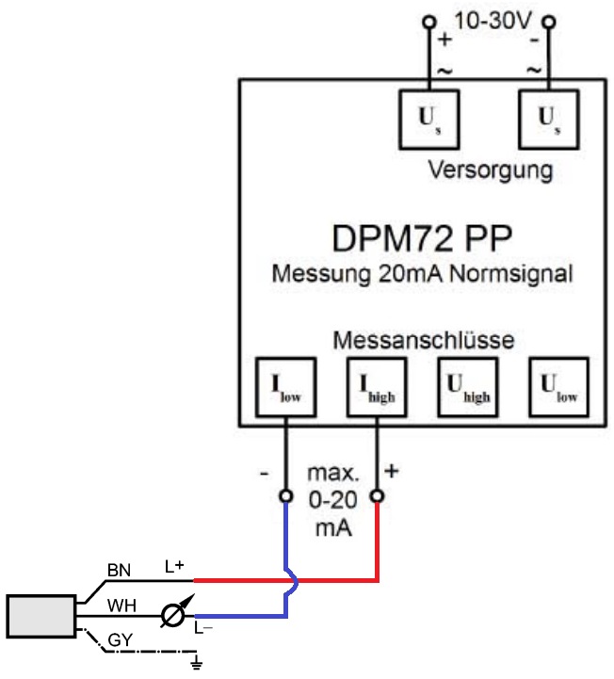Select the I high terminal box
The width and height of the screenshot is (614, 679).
click(376, 386)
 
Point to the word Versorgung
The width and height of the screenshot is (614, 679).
click(490, 171)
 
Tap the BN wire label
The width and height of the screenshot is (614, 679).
click(119, 571)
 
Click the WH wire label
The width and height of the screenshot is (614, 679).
click(119, 605)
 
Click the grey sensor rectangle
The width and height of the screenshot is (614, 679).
click(41, 616)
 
